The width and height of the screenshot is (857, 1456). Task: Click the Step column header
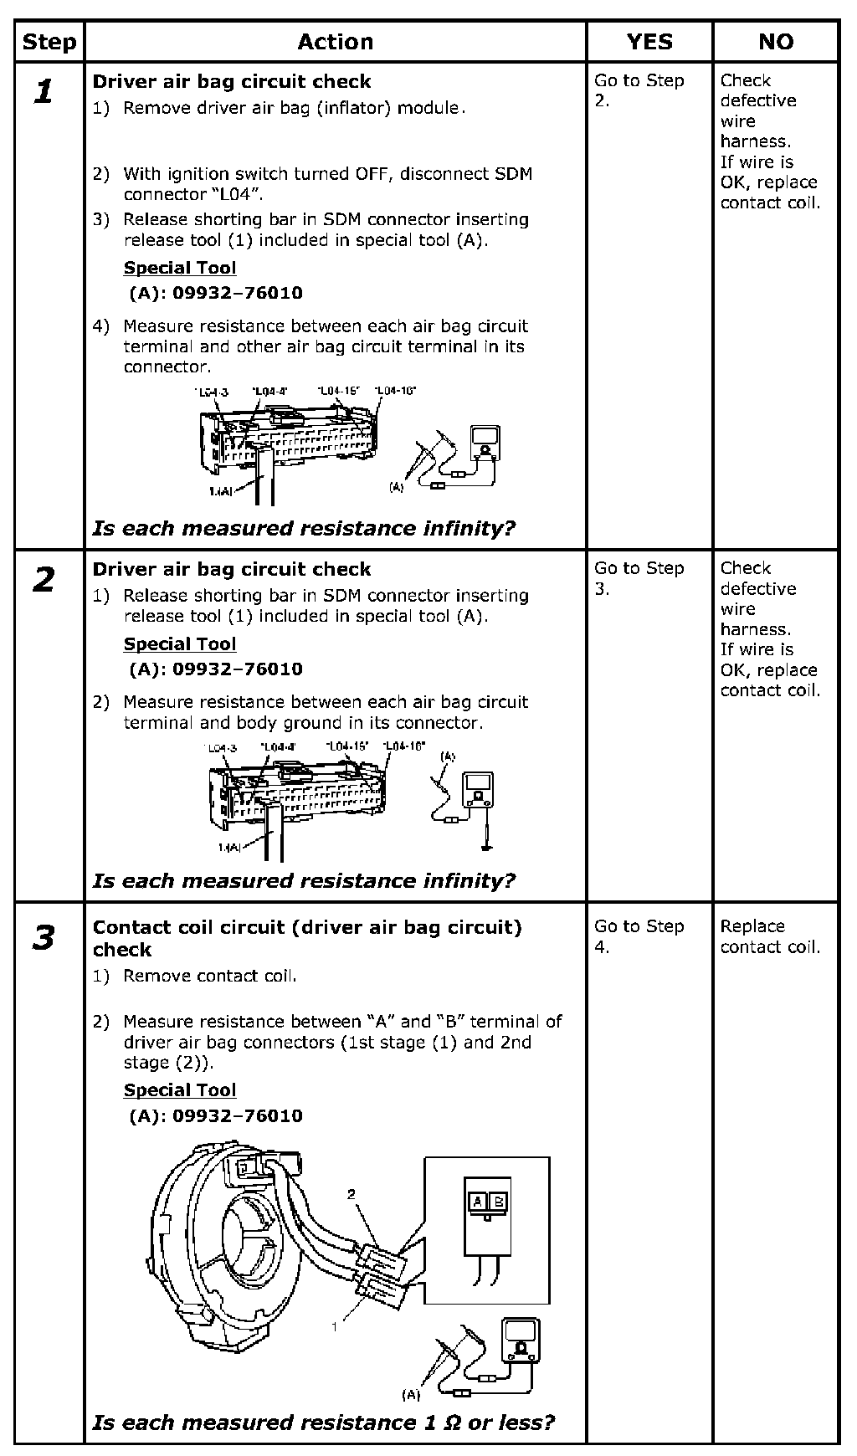tap(49, 42)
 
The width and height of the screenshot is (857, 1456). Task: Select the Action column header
tap(335, 42)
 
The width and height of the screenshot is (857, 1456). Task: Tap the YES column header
tap(649, 42)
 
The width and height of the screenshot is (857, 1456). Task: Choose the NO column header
tap(776, 42)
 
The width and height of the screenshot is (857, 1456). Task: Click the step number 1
tap(44, 91)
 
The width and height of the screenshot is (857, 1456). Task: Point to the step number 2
tap(44, 579)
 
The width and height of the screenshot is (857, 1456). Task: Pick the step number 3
tap(44, 937)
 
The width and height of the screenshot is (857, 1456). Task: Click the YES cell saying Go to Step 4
tap(639, 936)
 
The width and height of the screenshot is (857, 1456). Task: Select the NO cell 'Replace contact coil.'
tap(770, 936)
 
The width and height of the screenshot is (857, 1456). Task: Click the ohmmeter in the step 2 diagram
tap(478, 790)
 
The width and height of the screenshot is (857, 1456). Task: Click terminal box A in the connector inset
tap(477, 1202)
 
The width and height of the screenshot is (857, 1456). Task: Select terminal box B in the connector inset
tap(498, 1202)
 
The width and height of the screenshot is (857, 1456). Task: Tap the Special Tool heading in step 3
tap(180, 1090)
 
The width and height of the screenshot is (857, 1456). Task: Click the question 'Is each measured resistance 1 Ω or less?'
tap(323, 1423)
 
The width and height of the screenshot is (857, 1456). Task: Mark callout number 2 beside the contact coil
tap(352, 1194)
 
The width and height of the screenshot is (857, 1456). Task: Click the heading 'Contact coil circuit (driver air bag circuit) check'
tap(307, 938)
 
